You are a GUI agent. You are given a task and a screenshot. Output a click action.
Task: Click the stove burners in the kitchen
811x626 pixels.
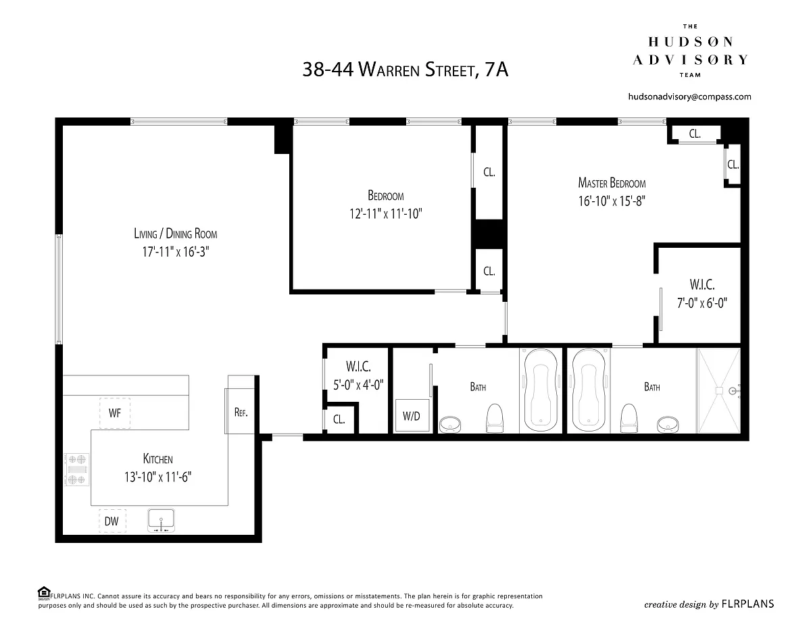coord(76,469)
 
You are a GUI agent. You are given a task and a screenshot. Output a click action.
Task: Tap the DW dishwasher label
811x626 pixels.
coord(112,521)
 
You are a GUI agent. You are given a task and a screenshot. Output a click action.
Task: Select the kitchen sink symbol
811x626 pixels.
coord(162,520)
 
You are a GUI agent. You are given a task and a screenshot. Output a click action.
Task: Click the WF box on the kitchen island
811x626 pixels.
coord(115,413)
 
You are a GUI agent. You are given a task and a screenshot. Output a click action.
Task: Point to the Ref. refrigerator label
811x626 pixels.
coord(241,412)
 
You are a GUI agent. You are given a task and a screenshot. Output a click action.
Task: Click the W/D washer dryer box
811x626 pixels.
coord(412,416)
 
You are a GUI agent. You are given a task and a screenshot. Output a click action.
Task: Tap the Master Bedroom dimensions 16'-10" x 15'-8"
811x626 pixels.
coord(612,201)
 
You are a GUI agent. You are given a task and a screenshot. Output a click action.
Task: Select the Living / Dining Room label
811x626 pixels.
coord(176,234)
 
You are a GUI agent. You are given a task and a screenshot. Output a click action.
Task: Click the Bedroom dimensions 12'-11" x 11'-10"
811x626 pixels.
coord(385,213)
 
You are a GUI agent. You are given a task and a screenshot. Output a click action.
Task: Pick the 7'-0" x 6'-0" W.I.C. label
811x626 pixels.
coord(702,303)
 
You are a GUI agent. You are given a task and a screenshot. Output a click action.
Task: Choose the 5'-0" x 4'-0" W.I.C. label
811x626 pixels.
coord(358,384)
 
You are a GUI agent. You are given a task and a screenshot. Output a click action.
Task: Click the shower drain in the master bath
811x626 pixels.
coord(719,391)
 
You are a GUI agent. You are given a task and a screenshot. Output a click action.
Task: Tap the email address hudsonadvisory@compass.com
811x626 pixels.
coord(690,97)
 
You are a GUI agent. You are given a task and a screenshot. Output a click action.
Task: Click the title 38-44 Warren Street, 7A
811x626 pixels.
coord(405,70)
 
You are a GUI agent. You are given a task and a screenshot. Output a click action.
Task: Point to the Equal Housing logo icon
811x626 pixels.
coord(44,593)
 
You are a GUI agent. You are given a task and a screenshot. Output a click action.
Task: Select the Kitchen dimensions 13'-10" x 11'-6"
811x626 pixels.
coord(158,477)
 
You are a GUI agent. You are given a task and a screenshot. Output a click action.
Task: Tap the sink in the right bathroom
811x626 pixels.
coord(668,425)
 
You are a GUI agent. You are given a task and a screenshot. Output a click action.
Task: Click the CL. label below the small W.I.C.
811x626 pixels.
coord(339,419)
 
